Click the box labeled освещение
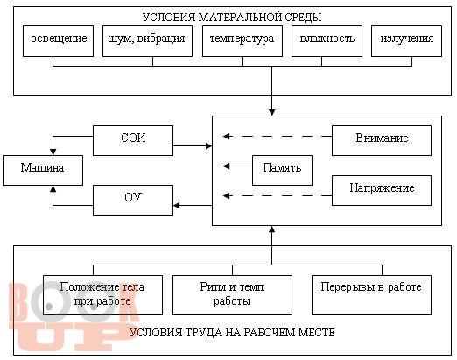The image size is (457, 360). click(58, 41)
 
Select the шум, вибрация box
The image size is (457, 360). click(147, 41)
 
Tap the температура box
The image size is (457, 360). click(243, 41)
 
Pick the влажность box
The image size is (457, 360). click(327, 41)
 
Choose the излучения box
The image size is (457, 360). click(406, 41)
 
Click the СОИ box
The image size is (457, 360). click(133, 140)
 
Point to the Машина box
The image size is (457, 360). click(43, 170)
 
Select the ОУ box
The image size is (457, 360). click(133, 201)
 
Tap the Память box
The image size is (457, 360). click(282, 170)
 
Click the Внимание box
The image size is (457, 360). click(382, 140)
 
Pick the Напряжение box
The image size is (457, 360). click(382, 190)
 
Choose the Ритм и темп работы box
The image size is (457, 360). click(232, 295)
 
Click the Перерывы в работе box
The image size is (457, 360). click(371, 295)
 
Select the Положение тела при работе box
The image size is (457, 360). click(102, 295)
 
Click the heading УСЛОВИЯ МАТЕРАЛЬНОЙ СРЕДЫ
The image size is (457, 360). click(232, 17)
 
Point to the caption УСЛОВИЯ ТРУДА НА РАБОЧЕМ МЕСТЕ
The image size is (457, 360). click(232, 332)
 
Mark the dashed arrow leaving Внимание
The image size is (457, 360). click(278, 136)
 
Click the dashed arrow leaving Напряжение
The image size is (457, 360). click(278, 195)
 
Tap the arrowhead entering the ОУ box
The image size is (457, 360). click(176, 205)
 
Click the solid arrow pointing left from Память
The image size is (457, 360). click(237, 166)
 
